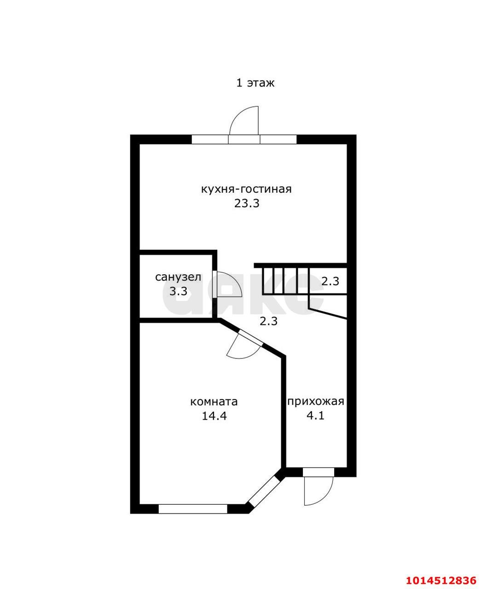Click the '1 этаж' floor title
tap(255, 83)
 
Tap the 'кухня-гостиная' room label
tap(246, 189)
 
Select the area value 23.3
tap(247, 203)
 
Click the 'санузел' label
tap(178, 277)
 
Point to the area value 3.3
tap(178, 291)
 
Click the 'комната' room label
tap(214, 402)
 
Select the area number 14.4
tap(214, 416)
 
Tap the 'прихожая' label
tap(316, 402)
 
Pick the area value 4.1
tap(315, 416)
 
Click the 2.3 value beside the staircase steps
tap(330, 281)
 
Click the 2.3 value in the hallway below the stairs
tap(269, 321)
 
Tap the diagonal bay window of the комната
tap(264, 491)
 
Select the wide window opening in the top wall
tap(244, 139)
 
